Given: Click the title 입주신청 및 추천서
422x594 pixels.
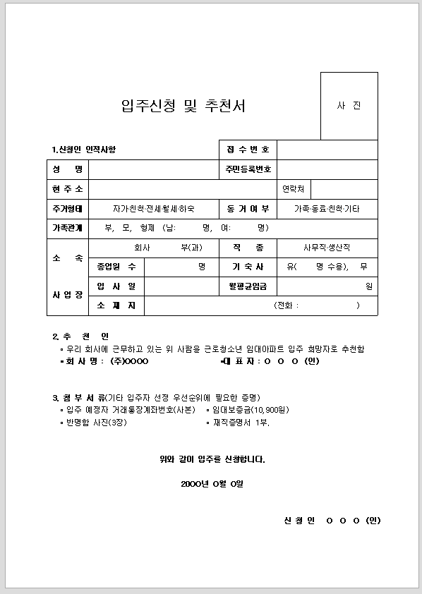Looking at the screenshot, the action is tap(183, 107).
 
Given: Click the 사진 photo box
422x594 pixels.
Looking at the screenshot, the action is tap(349, 106).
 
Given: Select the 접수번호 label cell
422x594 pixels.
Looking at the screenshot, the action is tap(248, 150).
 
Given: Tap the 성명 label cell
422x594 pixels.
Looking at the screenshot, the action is tap(67, 169).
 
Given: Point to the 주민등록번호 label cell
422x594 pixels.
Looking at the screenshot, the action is tap(248, 169).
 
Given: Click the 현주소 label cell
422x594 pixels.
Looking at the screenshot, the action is tap(67, 189).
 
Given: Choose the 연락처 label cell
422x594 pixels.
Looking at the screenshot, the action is tap(293, 189).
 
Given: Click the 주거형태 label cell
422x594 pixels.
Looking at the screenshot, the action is tap(67, 209).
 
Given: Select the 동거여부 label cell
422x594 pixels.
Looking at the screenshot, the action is tap(248, 209).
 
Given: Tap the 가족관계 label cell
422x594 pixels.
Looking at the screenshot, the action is tap(67, 228).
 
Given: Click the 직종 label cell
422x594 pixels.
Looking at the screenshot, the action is tap(248, 248).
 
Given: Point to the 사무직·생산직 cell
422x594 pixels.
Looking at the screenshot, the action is tap(327, 248).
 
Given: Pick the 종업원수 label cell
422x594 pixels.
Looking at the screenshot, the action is tap(116, 267).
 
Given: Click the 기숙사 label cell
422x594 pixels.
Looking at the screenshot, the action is tap(248, 267).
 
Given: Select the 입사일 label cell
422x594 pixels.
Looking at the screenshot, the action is tap(116, 286).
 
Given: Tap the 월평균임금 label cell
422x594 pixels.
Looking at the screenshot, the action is tap(248, 286).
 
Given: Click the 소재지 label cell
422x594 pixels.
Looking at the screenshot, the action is tap(116, 305).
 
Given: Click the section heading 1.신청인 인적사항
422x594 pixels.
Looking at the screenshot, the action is tap(83, 150).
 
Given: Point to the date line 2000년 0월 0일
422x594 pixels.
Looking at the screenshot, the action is tap(212, 484).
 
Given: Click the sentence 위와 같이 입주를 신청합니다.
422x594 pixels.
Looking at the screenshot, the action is tap(212, 460).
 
